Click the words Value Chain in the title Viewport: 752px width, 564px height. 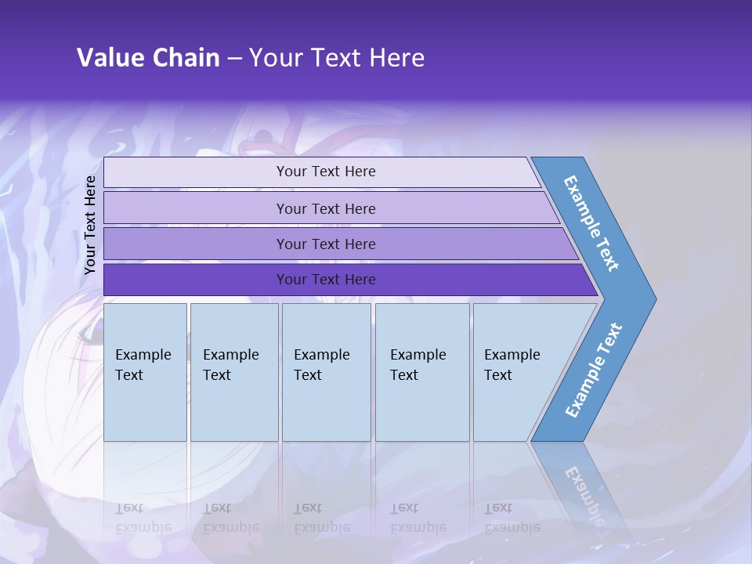(x=148, y=57)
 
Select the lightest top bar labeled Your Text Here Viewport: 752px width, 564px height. (x=325, y=172)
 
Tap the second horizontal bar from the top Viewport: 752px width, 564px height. (x=325, y=208)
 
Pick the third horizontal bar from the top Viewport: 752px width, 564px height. (x=325, y=244)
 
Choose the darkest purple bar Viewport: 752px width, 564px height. (x=325, y=280)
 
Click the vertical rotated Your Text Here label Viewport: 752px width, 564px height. (x=90, y=225)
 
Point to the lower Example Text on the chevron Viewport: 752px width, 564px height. (x=594, y=371)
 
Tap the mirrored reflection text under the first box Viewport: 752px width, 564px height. (x=143, y=519)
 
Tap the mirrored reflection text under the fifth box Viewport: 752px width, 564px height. (x=512, y=519)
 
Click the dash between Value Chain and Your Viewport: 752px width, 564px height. (x=234, y=58)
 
